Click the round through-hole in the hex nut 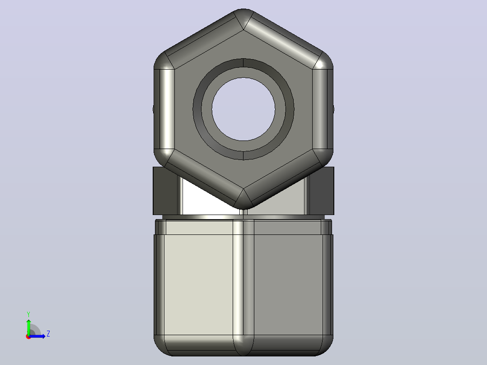[x=243, y=109]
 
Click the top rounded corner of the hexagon [x=243, y=18]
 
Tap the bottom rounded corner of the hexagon [x=243, y=199]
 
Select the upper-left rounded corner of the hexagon [x=164, y=61]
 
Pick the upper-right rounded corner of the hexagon [x=323, y=61]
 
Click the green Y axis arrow [x=28, y=327]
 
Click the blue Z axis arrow [x=37, y=336]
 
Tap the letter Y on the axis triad [x=28, y=314]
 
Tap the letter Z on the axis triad [x=48, y=334]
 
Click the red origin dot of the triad [x=28, y=337]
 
